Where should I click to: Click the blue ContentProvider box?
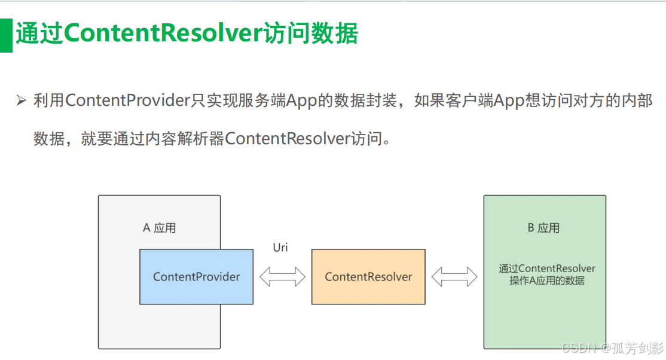click(196, 276)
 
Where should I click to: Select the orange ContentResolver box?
click(368, 276)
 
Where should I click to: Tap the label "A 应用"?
click(159, 228)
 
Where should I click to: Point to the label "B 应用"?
click(543, 228)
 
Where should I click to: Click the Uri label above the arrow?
click(280, 247)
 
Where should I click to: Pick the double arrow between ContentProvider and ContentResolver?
click(282, 277)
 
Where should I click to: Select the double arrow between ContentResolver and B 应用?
click(454, 277)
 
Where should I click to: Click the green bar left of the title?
click(6, 35)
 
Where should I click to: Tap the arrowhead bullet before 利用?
click(22, 101)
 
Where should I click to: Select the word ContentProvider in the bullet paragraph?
click(127, 100)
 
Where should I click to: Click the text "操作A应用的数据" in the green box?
click(547, 280)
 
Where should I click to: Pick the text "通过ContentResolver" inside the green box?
click(547, 269)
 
